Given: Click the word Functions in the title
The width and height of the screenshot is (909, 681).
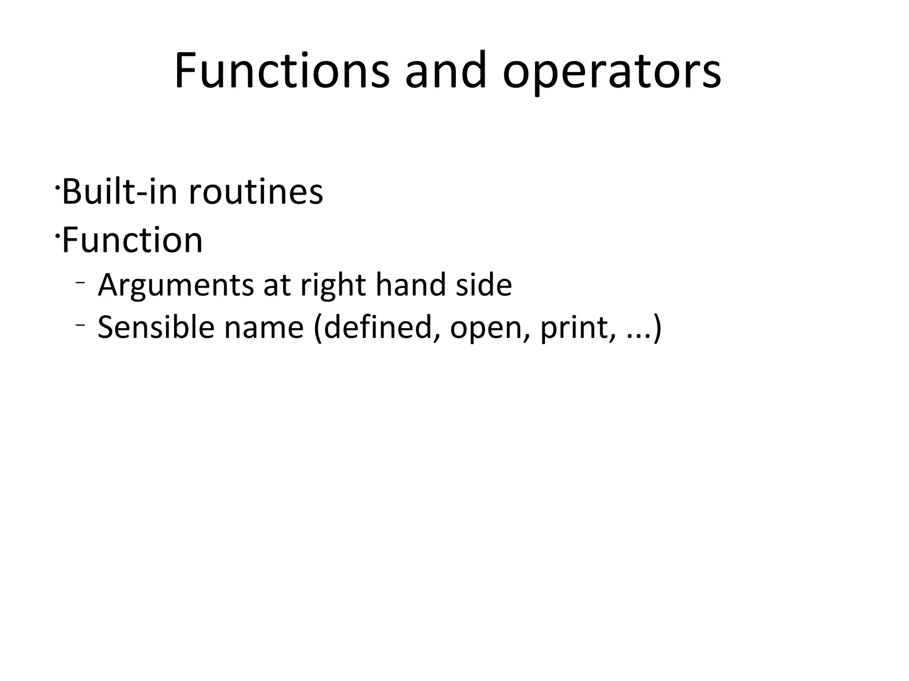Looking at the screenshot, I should coord(282,71).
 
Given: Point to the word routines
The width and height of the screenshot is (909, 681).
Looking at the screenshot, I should coord(256,192).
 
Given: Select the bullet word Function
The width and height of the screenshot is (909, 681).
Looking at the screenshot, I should coord(132,240).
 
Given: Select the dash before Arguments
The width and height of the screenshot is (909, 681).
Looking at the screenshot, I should coord(80,282).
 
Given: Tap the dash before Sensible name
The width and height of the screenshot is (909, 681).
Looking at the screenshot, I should coord(80,325).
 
